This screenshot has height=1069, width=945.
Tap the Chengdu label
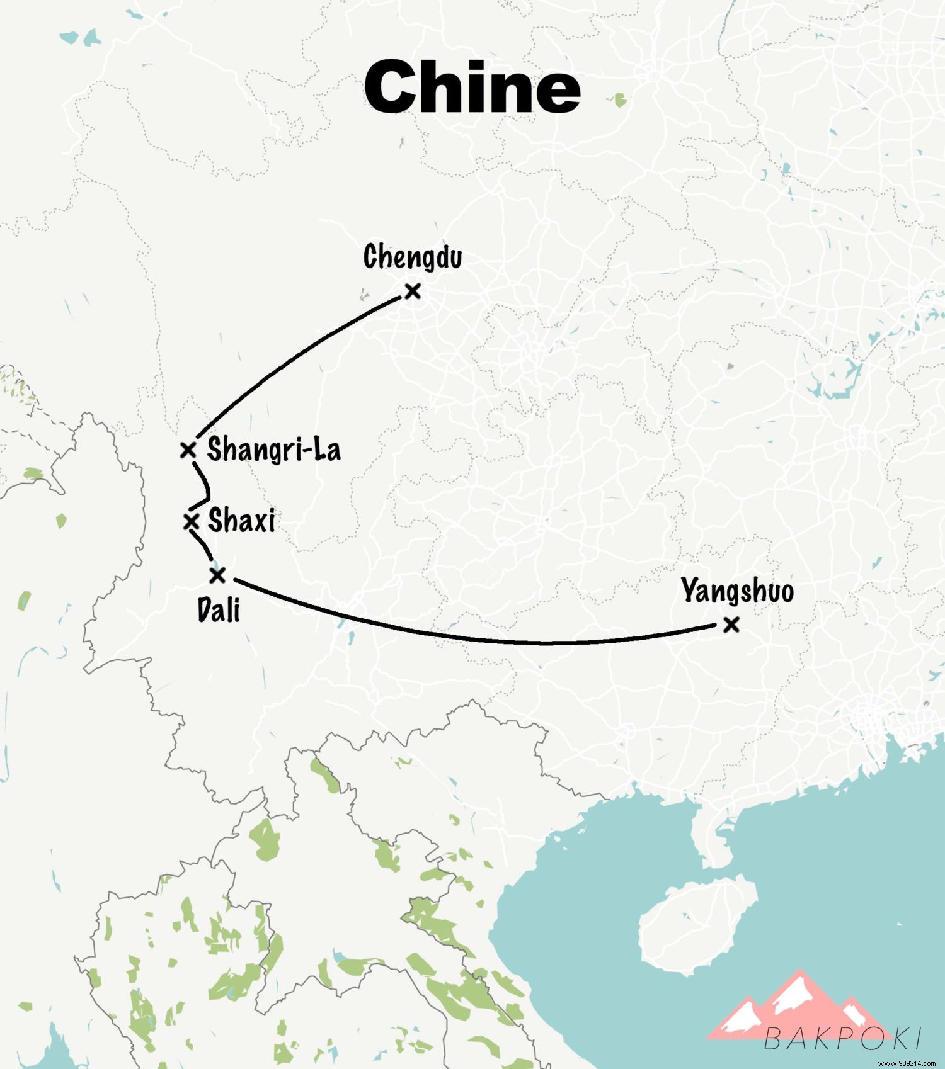[413, 257]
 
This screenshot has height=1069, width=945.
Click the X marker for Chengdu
[413, 291]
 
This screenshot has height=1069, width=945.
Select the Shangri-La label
[274, 450]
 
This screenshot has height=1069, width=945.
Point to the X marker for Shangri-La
[188, 450]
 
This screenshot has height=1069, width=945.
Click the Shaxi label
[241, 521]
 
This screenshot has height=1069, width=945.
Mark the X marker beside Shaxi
[190, 522]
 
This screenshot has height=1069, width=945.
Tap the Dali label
[219, 609]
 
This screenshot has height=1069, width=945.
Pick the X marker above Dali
[217, 575]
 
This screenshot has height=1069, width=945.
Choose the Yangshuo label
[737, 591]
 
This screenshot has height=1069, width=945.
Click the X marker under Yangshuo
[731, 625]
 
